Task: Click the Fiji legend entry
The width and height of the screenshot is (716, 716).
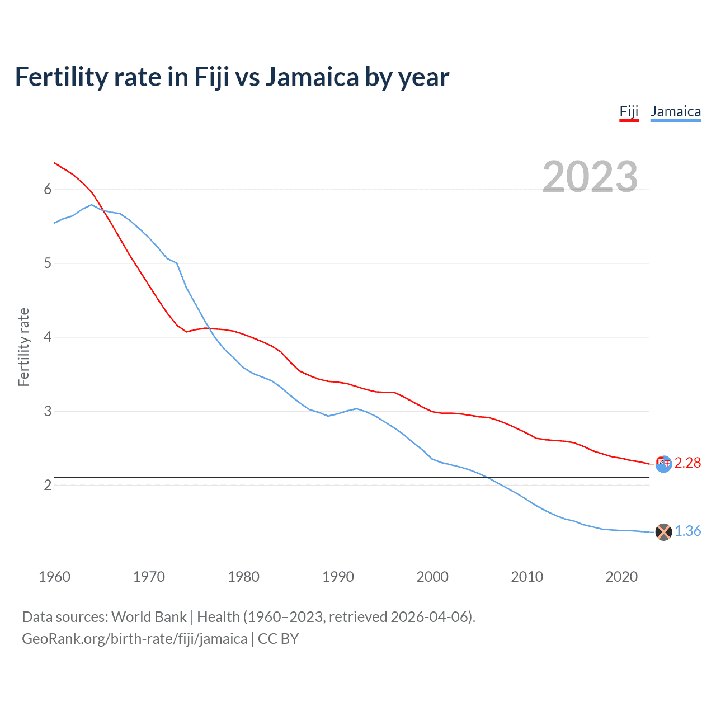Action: pos(629,111)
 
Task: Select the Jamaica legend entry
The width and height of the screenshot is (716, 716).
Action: pos(676,111)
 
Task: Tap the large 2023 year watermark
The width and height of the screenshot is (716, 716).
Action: pos(590,177)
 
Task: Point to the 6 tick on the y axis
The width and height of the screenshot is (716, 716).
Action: pos(48,190)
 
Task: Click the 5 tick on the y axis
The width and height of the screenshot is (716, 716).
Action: pos(48,263)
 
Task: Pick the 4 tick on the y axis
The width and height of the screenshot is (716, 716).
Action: pos(48,337)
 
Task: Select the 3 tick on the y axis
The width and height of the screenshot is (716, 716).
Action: pos(48,411)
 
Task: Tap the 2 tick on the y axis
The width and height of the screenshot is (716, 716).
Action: pos(48,485)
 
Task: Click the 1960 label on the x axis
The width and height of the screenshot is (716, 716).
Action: pos(54,577)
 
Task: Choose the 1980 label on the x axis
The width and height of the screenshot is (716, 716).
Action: pos(243,577)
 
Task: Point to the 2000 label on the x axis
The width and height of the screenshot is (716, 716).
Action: pos(432,577)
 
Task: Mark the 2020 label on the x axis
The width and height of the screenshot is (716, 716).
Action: pos(621,577)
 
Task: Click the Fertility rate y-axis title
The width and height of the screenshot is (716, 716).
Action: pos(23,347)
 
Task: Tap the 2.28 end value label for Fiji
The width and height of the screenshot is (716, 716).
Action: pos(687,463)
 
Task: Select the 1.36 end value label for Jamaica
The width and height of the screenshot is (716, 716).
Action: pos(687,531)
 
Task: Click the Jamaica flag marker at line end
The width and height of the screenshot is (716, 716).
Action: pos(663,532)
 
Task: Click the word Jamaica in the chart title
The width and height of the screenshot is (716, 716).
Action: pos(312,77)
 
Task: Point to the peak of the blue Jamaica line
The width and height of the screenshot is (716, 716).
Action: pos(92,205)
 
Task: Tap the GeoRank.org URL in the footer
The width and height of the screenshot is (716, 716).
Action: pos(134,639)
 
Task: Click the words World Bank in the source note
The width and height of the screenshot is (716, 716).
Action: pos(149,617)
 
